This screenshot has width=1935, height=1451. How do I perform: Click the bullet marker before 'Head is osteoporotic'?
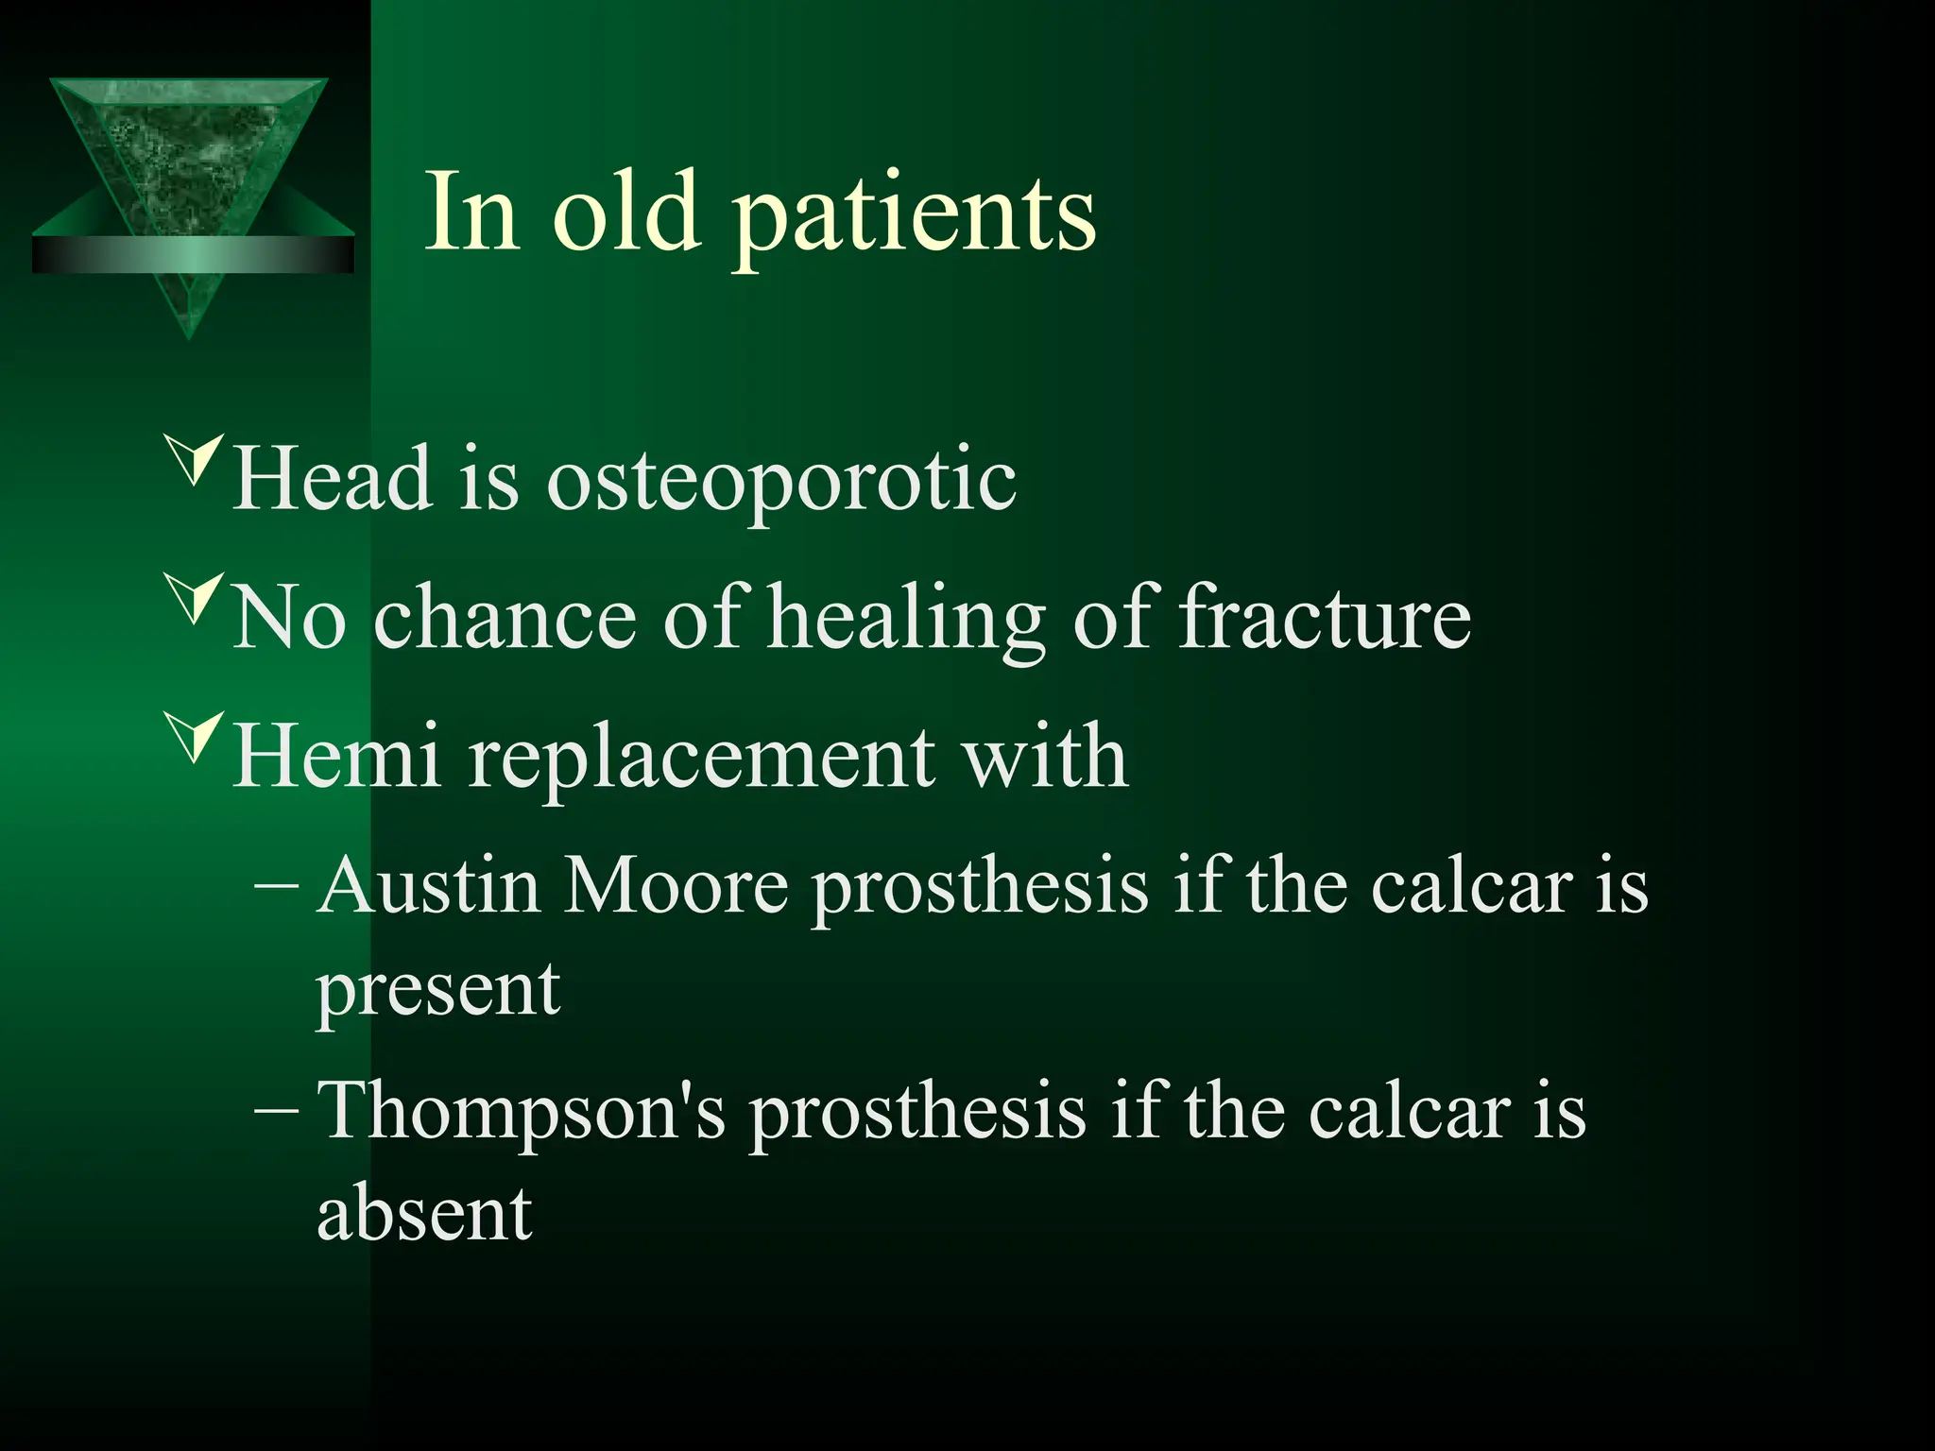(x=194, y=460)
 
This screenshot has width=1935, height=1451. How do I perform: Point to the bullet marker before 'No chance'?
(x=194, y=598)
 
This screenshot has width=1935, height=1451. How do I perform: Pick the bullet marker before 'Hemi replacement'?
(x=194, y=737)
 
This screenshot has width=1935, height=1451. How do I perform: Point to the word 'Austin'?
(x=429, y=886)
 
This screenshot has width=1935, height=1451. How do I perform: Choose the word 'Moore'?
(x=676, y=886)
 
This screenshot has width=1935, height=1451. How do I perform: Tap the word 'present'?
(x=438, y=992)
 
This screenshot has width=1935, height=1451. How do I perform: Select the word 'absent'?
(x=424, y=1213)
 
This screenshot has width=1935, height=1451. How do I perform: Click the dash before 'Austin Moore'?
(x=277, y=887)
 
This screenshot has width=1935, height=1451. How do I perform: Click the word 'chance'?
(x=505, y=617)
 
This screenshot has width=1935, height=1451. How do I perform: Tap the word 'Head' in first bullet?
(x=333, y=478)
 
